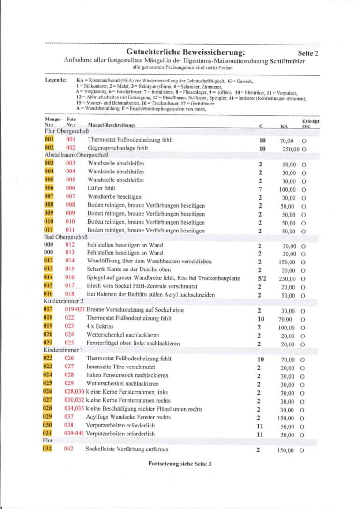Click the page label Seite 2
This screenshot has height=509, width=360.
(307, 53)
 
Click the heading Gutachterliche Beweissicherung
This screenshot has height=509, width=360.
(185, 52)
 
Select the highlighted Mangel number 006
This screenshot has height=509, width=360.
(49, 188)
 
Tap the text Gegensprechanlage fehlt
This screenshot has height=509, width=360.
(117, 148)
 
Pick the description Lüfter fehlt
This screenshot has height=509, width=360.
(101, 188)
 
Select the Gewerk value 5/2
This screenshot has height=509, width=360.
(261, 278)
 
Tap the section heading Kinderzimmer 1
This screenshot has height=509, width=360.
(64, 350)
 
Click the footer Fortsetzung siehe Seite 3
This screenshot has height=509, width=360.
(180, 464)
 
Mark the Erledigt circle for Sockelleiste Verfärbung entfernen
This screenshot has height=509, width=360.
(303, 450)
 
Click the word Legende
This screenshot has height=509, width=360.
(56, 81)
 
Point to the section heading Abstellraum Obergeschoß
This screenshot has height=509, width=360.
(77, 155)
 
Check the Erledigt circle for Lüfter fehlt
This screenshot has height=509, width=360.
(304, 189)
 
